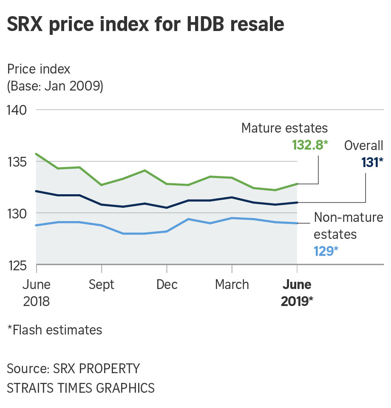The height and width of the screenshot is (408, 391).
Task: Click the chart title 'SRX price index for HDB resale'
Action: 145,25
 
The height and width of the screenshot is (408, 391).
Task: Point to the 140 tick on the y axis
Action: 17,110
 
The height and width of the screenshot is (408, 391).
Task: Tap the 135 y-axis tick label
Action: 17,162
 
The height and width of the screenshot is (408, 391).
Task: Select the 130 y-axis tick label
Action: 17,214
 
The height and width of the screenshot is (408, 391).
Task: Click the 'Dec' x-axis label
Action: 167,284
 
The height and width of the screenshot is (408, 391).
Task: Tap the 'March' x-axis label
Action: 232,284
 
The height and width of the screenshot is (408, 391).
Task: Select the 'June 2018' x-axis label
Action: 37,293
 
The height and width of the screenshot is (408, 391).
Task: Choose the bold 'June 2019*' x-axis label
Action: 297,293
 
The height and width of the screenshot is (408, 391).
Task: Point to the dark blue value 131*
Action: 372,162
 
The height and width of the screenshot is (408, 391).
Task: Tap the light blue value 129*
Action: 326,251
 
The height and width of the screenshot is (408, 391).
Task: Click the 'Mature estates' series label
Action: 284,128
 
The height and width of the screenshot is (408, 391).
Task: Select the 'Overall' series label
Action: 364,145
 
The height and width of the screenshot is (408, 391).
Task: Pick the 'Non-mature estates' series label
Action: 348,226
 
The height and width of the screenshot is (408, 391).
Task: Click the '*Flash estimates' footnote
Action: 55,330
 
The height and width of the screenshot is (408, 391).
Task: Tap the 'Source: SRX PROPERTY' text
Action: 74,368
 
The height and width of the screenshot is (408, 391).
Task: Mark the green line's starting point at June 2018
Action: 37,154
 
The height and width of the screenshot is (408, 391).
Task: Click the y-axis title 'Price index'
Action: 39,69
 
